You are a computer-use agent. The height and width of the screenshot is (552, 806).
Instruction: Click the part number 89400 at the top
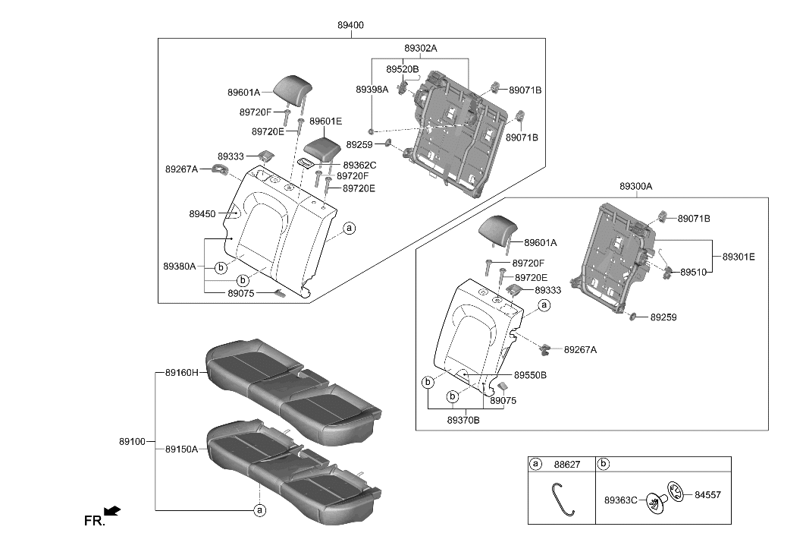point(350,25)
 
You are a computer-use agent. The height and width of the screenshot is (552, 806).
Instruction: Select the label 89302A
point(420,48)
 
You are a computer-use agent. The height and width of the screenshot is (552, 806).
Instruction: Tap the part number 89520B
point(402,69)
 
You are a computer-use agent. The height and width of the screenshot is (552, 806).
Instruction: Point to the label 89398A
point(372,89)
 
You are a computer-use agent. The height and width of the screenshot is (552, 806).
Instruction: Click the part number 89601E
point(325,121)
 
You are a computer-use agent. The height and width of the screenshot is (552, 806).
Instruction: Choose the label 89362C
point(359,165)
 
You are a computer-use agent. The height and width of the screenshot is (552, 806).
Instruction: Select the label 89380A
point(179,267)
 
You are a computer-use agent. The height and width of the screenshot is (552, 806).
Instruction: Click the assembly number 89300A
point(635,186)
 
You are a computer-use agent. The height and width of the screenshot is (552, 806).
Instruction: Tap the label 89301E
point(739,257)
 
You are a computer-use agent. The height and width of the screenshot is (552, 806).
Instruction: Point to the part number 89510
point(693,271)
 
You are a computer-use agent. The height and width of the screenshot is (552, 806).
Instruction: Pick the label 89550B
point(530,375)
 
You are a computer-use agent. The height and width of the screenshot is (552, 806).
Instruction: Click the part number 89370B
point(463,420)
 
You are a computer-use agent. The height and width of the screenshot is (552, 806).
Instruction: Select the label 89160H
point(181,373)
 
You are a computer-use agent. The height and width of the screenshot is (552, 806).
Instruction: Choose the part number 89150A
point(181,449)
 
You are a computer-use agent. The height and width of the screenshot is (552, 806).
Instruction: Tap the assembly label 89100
point(133,441)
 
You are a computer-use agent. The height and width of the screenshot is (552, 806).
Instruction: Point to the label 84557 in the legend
point(707,494)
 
